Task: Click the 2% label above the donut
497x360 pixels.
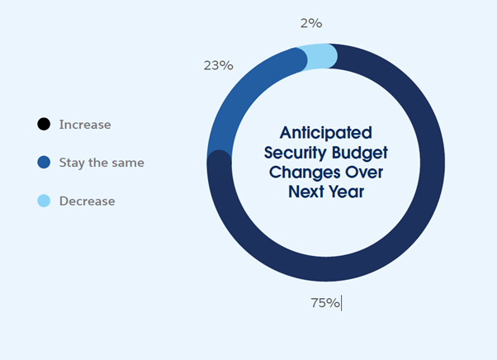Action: click(x=311, y=23)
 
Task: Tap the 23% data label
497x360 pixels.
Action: click(x=219, y=65)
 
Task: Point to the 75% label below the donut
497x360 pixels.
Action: click(x=325, y=303)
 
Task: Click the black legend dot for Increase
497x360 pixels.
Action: click(x=44, y=124)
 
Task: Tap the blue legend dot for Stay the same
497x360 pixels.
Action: click(x=44, y=163)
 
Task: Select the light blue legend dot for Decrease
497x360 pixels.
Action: click(x=44, y=201)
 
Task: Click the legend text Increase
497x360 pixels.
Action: click(x=85, y=125)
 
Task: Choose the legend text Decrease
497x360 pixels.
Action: click(x=88, y=201)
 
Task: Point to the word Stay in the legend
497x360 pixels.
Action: click(x=72, y=163)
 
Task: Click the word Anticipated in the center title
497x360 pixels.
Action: click(x=326, y=133)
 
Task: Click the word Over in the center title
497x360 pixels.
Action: click(x=364, y=173)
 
